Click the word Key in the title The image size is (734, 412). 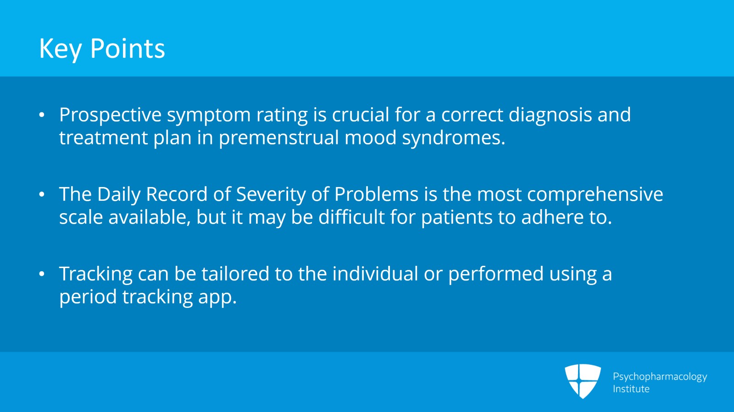60,49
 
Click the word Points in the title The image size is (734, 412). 128,49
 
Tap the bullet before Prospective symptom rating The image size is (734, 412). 42,115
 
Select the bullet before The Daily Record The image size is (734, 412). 42,194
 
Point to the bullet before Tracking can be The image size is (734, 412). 42,274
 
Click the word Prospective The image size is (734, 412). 111,115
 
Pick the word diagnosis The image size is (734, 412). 550,115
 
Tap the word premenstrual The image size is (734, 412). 279,138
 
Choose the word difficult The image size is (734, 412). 351,217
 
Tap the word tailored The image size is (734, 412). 235,274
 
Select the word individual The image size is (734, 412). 375,274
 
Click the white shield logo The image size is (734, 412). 583,381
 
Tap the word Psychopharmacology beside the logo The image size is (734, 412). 660,377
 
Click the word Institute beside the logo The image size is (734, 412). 631,389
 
